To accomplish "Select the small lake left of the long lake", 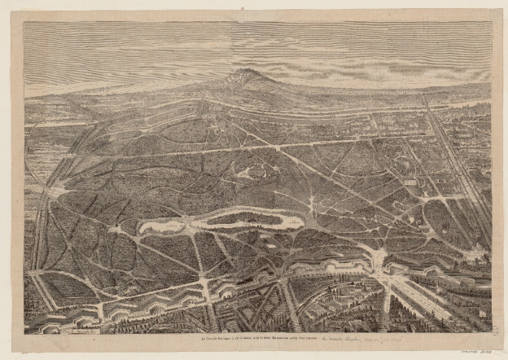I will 160,224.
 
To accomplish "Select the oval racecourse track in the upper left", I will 147,123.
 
